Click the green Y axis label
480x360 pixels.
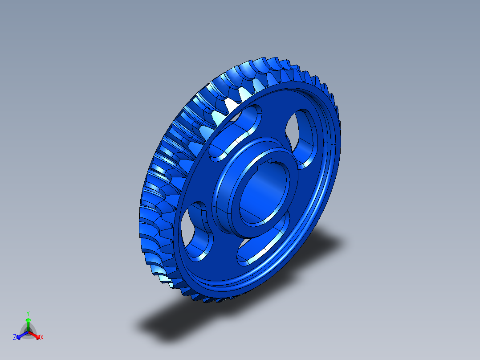point(28,313)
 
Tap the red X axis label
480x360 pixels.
point(42,338)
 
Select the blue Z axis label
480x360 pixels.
point(15,337)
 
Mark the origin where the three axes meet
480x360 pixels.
point(28,332)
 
